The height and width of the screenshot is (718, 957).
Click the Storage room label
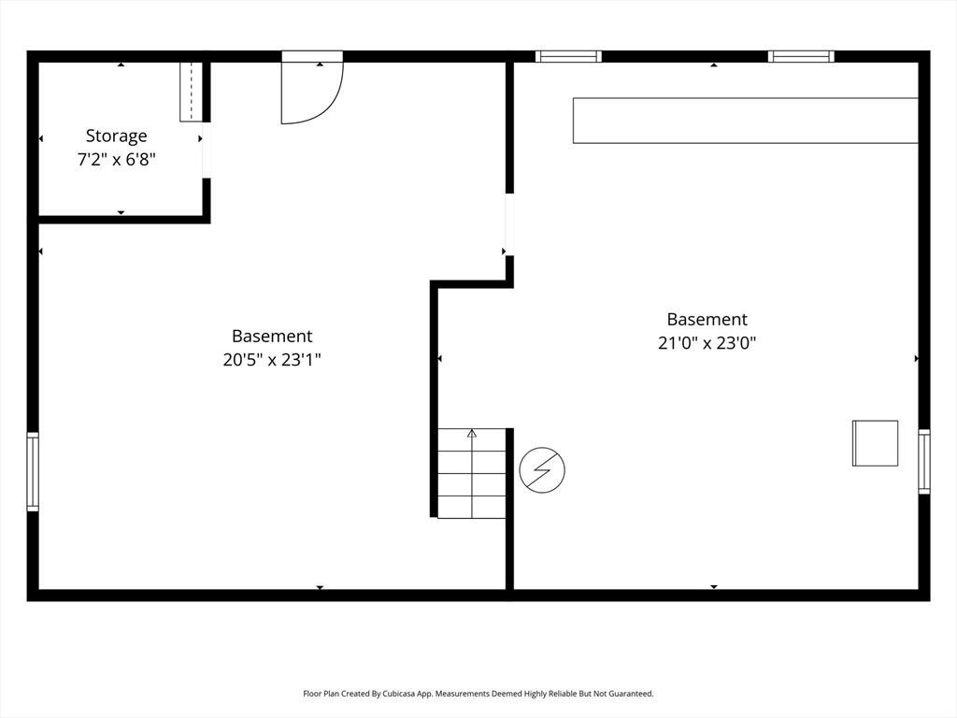tap(116, 136)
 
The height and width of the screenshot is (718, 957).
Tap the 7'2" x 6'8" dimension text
tap(116, 159)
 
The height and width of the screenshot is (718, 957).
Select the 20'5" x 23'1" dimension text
tap(272, 360)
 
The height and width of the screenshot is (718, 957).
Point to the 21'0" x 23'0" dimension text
tap(707, 342)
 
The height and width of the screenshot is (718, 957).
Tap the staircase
tap(472, 473)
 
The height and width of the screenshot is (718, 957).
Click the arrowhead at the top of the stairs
tap(472, 434)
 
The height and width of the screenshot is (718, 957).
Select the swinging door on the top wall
tap(312, 87)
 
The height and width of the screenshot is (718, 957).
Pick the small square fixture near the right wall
tap(875, 443)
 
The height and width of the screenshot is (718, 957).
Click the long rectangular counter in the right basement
tap(745, 121)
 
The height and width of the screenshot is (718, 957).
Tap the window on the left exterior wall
tap(33, 471)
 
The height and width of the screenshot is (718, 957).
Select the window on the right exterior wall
tap(924, 461)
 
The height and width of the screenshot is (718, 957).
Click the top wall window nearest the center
tap(568, 57)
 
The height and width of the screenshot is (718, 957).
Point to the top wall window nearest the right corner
tap(801, 57)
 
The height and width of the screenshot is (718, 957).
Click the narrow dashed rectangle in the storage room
tap(191, 92)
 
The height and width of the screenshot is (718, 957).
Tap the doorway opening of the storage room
tap(207, 151)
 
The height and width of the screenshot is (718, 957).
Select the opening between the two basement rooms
tap(509, 224)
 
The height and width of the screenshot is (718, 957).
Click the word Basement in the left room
tap(272, 336)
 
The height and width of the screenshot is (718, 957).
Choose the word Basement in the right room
tap(707, 320)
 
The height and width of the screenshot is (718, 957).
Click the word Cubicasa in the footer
tap(395, 694)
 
